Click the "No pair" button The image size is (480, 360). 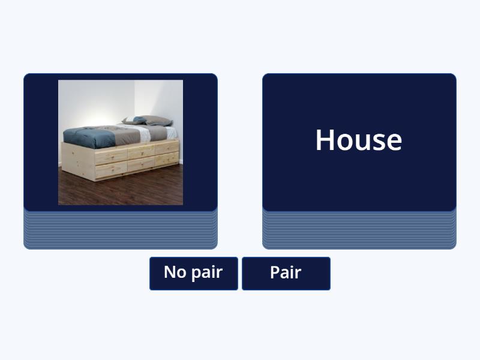pos(193,273)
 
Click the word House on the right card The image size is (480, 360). pos(359,140)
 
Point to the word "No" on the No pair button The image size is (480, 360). pos(175,272)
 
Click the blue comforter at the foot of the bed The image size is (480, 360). pos(90,138)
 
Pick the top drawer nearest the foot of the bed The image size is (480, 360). pos(111,157)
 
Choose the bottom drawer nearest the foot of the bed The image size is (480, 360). pos(111,170)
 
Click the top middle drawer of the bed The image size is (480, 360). pos(142,151)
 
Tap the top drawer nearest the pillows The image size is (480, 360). pos(167,147)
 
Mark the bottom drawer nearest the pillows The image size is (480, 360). pos(167,158)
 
